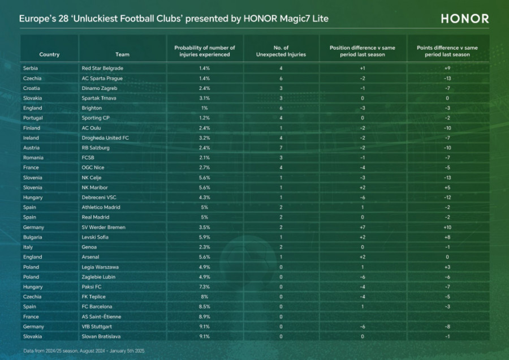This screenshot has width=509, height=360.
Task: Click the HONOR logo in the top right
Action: (x=465, y=18)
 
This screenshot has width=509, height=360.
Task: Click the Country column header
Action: (x=49, y=54)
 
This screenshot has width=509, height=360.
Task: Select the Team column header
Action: (x=122, y=54)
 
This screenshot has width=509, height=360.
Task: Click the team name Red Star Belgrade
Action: (x=102, y=68)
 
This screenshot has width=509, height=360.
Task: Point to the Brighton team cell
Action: (x=92, y=108)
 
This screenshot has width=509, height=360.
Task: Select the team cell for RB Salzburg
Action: (x=96, y=148)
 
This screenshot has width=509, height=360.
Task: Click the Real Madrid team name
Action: (x=96, y=217)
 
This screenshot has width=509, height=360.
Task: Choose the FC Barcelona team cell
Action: (x=97, y=306)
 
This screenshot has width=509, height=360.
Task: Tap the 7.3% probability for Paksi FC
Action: (x=204, y=286)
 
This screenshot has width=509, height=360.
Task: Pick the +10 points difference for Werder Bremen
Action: (x=447, y=227)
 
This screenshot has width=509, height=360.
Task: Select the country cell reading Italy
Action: (x=28, y=247)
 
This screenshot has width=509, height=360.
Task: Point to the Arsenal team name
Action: (x=90, y=257)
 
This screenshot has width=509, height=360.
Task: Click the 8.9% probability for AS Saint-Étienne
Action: (x=204, y=316)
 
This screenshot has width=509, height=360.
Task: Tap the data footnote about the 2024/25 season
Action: (x=84, y=351)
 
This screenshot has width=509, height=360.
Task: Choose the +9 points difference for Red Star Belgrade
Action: (x=447, y=68)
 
